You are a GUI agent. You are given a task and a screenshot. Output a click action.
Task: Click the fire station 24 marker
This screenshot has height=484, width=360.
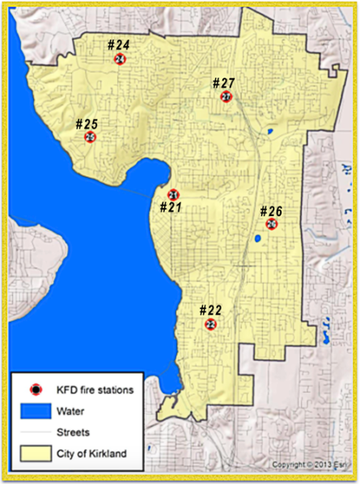point(120,59)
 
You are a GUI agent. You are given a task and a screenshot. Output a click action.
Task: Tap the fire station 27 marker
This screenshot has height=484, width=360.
point(226,97)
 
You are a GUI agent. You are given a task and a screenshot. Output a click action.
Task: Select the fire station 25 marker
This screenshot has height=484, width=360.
point(90,138)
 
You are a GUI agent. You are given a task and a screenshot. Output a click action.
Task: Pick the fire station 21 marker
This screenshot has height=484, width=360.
point(173,194)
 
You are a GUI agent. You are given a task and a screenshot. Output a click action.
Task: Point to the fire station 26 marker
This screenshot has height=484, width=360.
point(272,224)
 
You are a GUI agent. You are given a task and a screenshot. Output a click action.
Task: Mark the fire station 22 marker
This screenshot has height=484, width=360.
point(210,325)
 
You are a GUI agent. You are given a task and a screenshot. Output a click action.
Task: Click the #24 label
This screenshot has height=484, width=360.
point(120,45)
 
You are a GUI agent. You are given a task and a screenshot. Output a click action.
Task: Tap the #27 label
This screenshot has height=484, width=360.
point(223,83)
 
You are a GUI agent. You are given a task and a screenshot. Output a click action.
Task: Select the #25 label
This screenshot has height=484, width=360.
point(87,124)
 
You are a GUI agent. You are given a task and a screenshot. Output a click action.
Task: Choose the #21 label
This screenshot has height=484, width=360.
point(171,208)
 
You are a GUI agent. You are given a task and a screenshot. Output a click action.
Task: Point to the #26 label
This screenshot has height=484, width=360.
point(271,211)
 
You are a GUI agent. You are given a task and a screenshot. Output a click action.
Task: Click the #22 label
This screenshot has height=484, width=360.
point(210,311)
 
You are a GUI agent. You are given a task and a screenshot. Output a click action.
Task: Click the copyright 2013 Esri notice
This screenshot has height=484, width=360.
point(313,465)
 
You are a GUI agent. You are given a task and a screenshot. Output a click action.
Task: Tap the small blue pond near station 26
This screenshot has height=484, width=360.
point(256,239)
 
